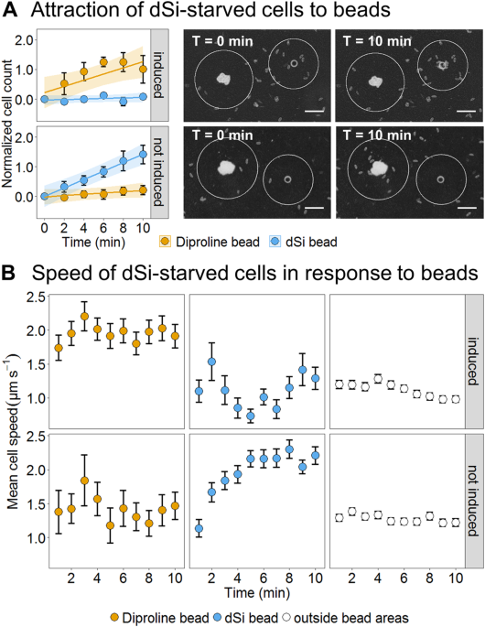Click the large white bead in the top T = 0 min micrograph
pyautogui.click(x=221, y=81)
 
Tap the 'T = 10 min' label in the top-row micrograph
pyautogui.click(x=371, y=42)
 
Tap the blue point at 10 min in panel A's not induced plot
pyautogui.click(x=141, y=156)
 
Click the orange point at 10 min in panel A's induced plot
pyautogui.click(x=141, y=69)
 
